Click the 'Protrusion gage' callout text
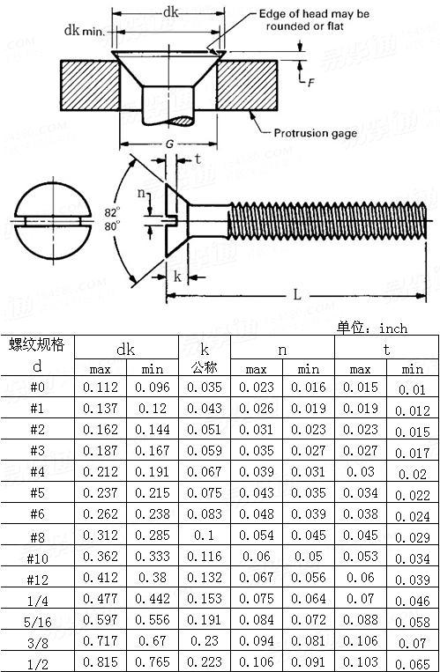(x=315, y=134)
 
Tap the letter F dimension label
(x=310, y=82)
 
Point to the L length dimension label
(x=297, y=295)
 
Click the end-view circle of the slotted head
(x=43, y=217)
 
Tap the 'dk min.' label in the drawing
(x=85, y=30)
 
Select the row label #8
(x=37, y=536)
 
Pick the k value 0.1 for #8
(x=205, y=536)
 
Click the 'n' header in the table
(x=282, y=350)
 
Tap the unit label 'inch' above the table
(x=393, y=328)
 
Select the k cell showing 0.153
(x=205, y=599)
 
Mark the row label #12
(x=37, y=578)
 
